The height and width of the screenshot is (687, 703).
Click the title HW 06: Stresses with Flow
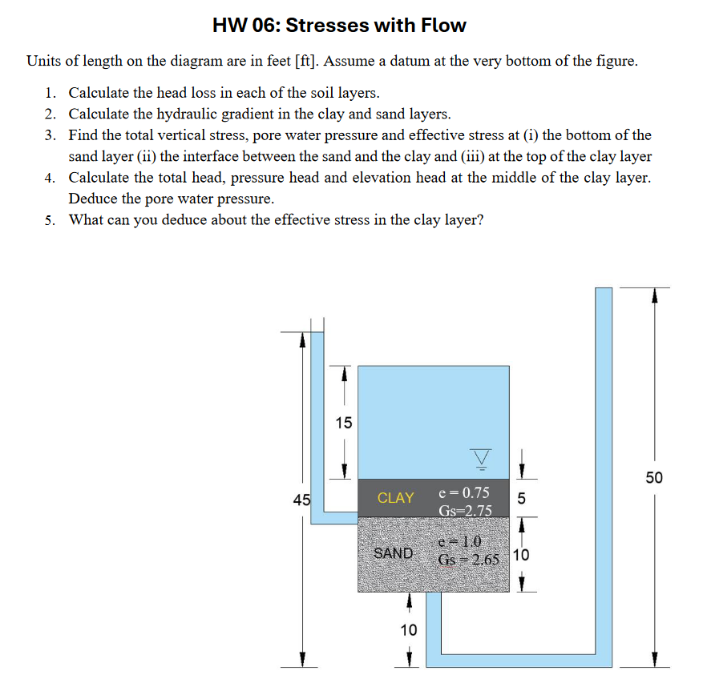(x=339, y=26)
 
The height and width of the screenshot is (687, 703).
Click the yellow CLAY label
(x=395, y=498)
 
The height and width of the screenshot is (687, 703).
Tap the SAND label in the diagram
(x=394, y=553)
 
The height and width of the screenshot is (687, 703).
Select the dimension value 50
(x=654, y=478)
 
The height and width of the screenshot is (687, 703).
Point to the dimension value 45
(x=301, y=501)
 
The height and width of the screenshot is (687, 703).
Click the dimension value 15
(x=343, y=423)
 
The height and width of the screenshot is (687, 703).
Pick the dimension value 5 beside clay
(x=522, y=498)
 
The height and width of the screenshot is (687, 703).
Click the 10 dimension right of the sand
(x=521, y=555)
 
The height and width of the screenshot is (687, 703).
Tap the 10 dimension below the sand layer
(x=409, y=630)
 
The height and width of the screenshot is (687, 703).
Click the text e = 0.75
(x=465, y=492)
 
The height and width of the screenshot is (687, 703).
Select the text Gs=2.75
(x=465, y=510)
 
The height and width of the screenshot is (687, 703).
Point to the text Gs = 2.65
(x=470, y=559)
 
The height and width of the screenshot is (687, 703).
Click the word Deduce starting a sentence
(x=92, y=198)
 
